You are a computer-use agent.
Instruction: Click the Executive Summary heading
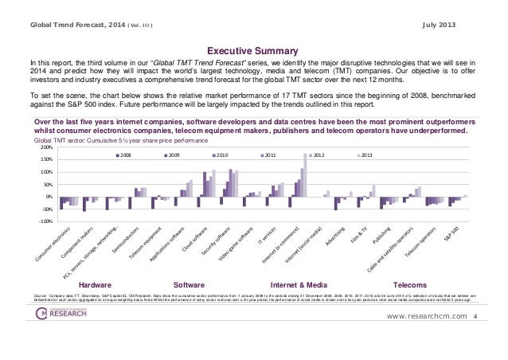point(254,48)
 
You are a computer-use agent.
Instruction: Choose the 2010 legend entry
point(220,155)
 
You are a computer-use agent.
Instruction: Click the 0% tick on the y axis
point(49,197)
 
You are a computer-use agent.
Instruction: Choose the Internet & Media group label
point(296,283)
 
